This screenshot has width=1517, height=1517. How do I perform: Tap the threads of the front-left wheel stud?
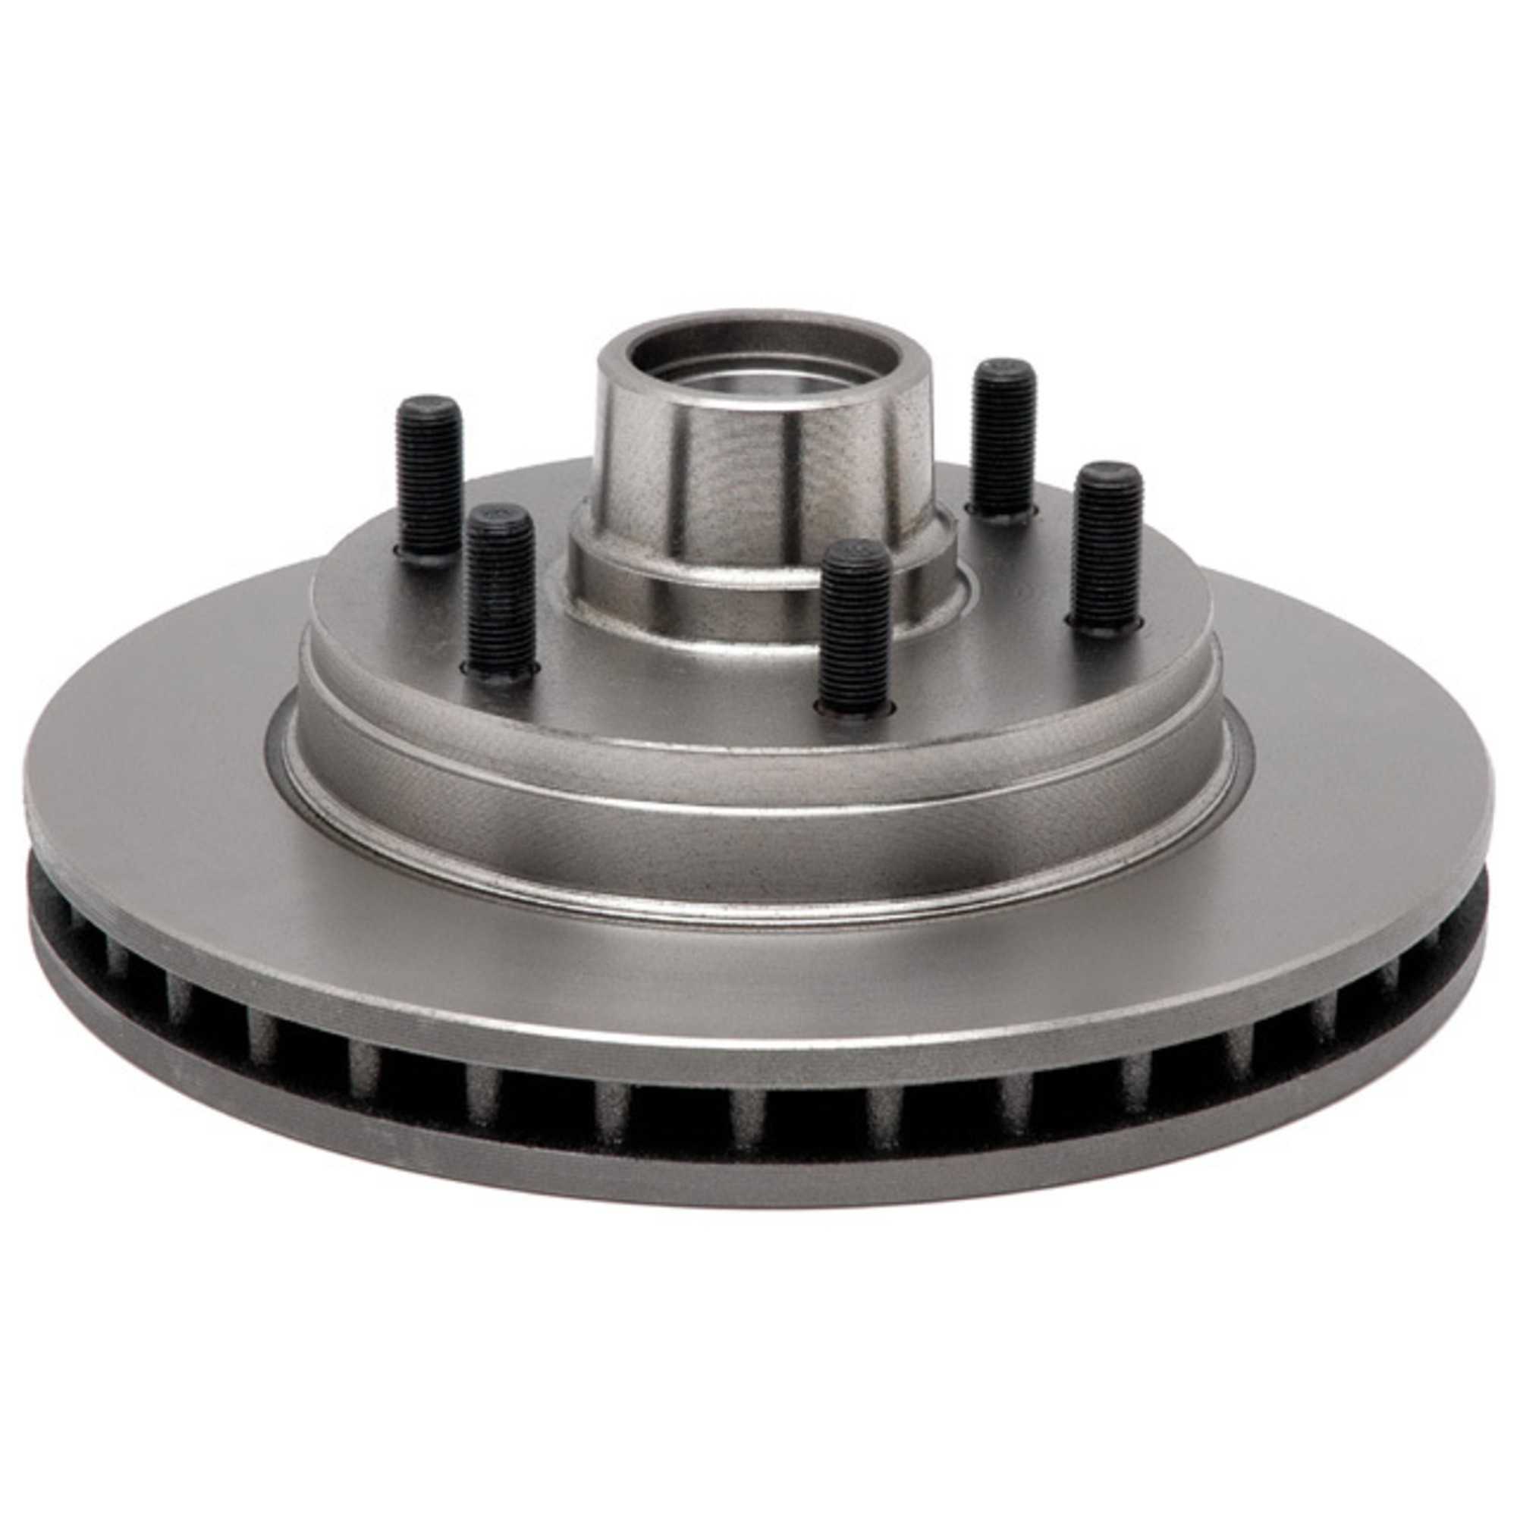[x=499, y=597]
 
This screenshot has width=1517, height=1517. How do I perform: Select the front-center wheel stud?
[x=855, y=628]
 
